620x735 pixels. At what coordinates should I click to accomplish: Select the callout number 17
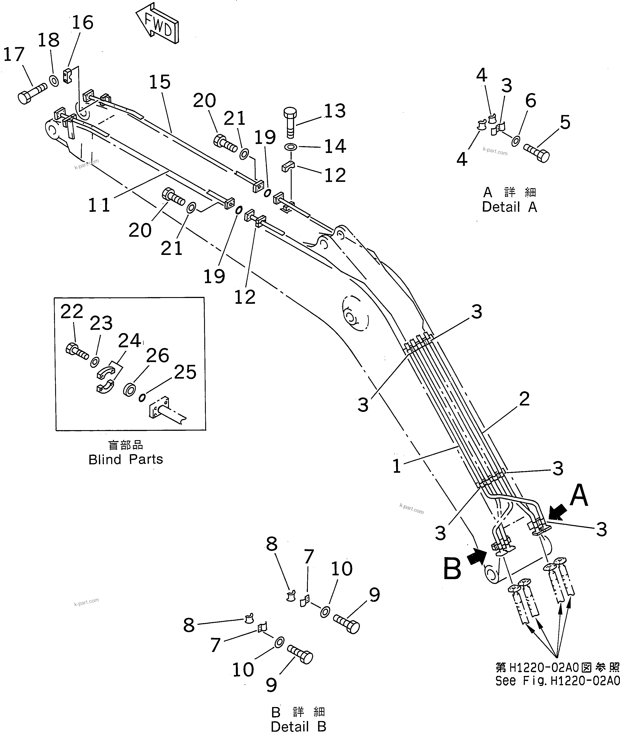(x=14, y=55)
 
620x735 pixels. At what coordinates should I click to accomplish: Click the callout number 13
(x=335, y=111)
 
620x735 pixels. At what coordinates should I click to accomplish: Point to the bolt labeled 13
(x=290, y=123)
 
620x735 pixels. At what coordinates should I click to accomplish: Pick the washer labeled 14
(x=290, y=146)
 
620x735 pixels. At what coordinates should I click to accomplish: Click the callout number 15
(x=160, y=82)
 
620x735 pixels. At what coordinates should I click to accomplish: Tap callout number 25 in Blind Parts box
(x=185, y=372)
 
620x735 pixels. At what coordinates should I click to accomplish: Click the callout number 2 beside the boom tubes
(x=524, y=399)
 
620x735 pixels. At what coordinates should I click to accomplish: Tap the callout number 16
(x=83, y=23)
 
